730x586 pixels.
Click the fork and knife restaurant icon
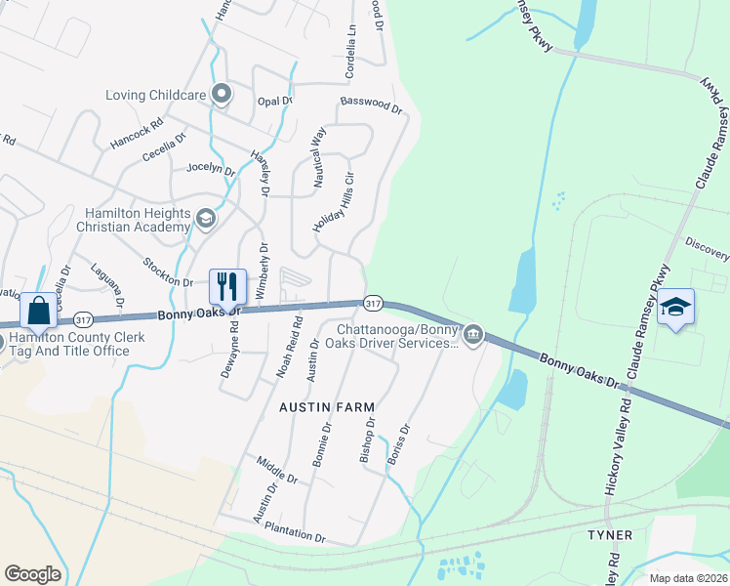[227, 286]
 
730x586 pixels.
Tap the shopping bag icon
[38, 311]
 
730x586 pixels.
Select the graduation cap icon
[675, 307]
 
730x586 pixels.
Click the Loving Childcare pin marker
[222, 95]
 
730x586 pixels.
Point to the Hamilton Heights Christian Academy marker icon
[205, 218]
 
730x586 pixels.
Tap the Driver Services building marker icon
[473, 335]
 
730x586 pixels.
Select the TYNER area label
[610, 535]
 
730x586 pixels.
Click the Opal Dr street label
[274, 101]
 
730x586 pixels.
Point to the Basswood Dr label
[371, 104]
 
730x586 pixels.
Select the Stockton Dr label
[168, 272]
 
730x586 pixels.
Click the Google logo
[33, 574]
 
